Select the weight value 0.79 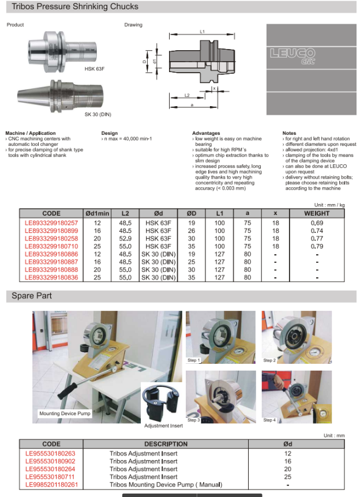[x=317, y=246]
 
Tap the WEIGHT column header [x=317, y=213]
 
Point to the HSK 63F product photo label [x=95, y=69]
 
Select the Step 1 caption [x=193, y=360]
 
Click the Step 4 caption [x=269, y=420]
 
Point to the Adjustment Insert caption [x=163, y=426]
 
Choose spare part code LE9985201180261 [x=51, y=484]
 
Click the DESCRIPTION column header [x=166, y=444]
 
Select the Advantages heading [x=206, y=133]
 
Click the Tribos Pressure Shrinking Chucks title [x=75, y=7]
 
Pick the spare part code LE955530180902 [x=50, y=461]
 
